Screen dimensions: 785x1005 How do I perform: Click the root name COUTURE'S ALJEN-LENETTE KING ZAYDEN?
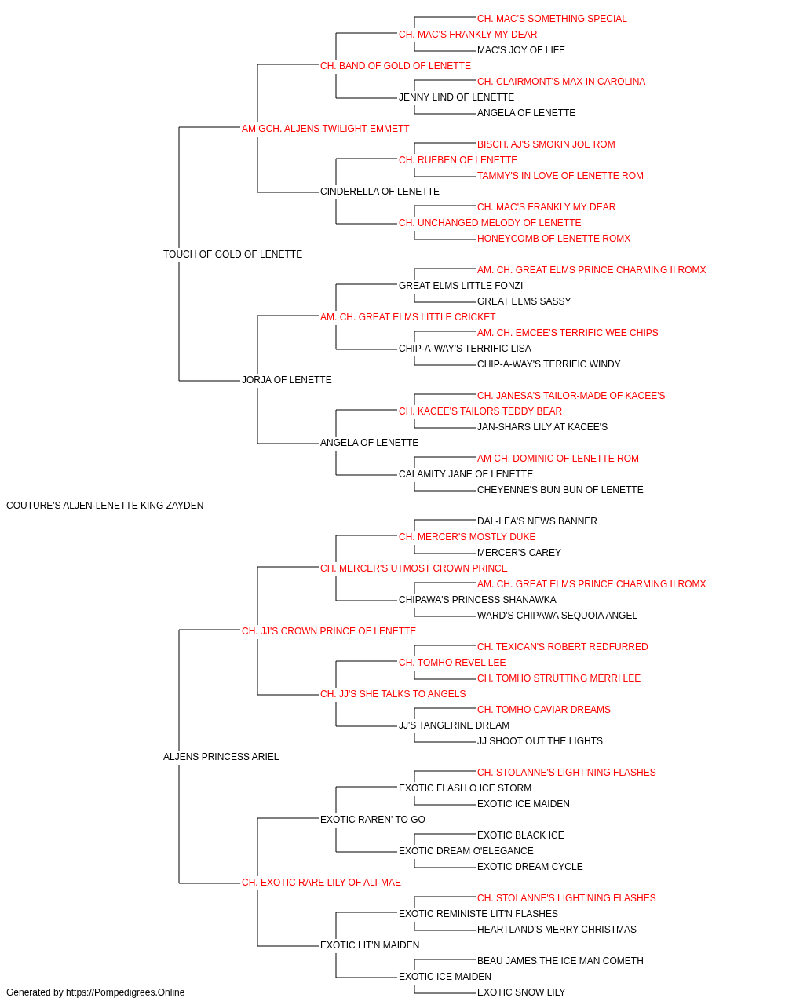click(105, 506)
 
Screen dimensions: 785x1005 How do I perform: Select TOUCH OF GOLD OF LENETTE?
click(232, 254)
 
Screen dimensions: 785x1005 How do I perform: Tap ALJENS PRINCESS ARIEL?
click(221, 757)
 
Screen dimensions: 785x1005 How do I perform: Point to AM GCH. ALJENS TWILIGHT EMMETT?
click(326, 129)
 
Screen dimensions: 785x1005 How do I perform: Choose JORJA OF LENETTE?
click(287, 380)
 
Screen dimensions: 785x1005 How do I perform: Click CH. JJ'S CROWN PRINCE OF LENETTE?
click(329, 631)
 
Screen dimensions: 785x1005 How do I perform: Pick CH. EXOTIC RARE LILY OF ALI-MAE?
click(321, 883)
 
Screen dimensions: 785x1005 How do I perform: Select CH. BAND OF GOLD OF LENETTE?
click(396, 66)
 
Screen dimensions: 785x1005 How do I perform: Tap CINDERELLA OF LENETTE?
click(380, 192)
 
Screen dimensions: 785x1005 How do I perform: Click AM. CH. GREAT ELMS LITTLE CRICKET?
click(407, 317)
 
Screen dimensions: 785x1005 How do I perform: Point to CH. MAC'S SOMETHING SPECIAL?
click(552, 19)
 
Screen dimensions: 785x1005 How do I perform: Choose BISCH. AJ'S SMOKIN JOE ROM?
click(546, 144)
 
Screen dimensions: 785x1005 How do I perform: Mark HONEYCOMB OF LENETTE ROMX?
click(554, 239)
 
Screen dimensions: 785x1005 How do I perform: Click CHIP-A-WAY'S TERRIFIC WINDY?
click(549, 364)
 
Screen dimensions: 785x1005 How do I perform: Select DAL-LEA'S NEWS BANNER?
click(537, 521)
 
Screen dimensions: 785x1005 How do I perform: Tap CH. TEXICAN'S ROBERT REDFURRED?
click(563, 647)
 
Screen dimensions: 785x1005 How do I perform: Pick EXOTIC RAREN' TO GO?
click(373, 820)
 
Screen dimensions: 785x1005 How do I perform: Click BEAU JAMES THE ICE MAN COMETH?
click(560, 961)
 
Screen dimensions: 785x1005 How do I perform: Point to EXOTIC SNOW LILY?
click(521, 992)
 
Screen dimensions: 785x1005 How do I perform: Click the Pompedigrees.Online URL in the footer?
click(126, 992)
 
